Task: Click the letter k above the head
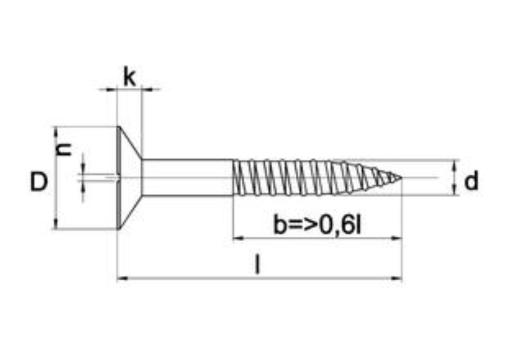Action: coord(130,77)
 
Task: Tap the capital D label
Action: coord(39,182)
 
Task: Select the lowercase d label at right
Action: coord(471,181)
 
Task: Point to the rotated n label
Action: coord(64,149)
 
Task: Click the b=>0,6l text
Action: coord(317,224)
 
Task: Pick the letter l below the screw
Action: coord(257,264)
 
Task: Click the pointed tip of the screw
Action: coord(402,177)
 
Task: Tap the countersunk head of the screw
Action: coord(129,177)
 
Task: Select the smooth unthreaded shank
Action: coord(188,177)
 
